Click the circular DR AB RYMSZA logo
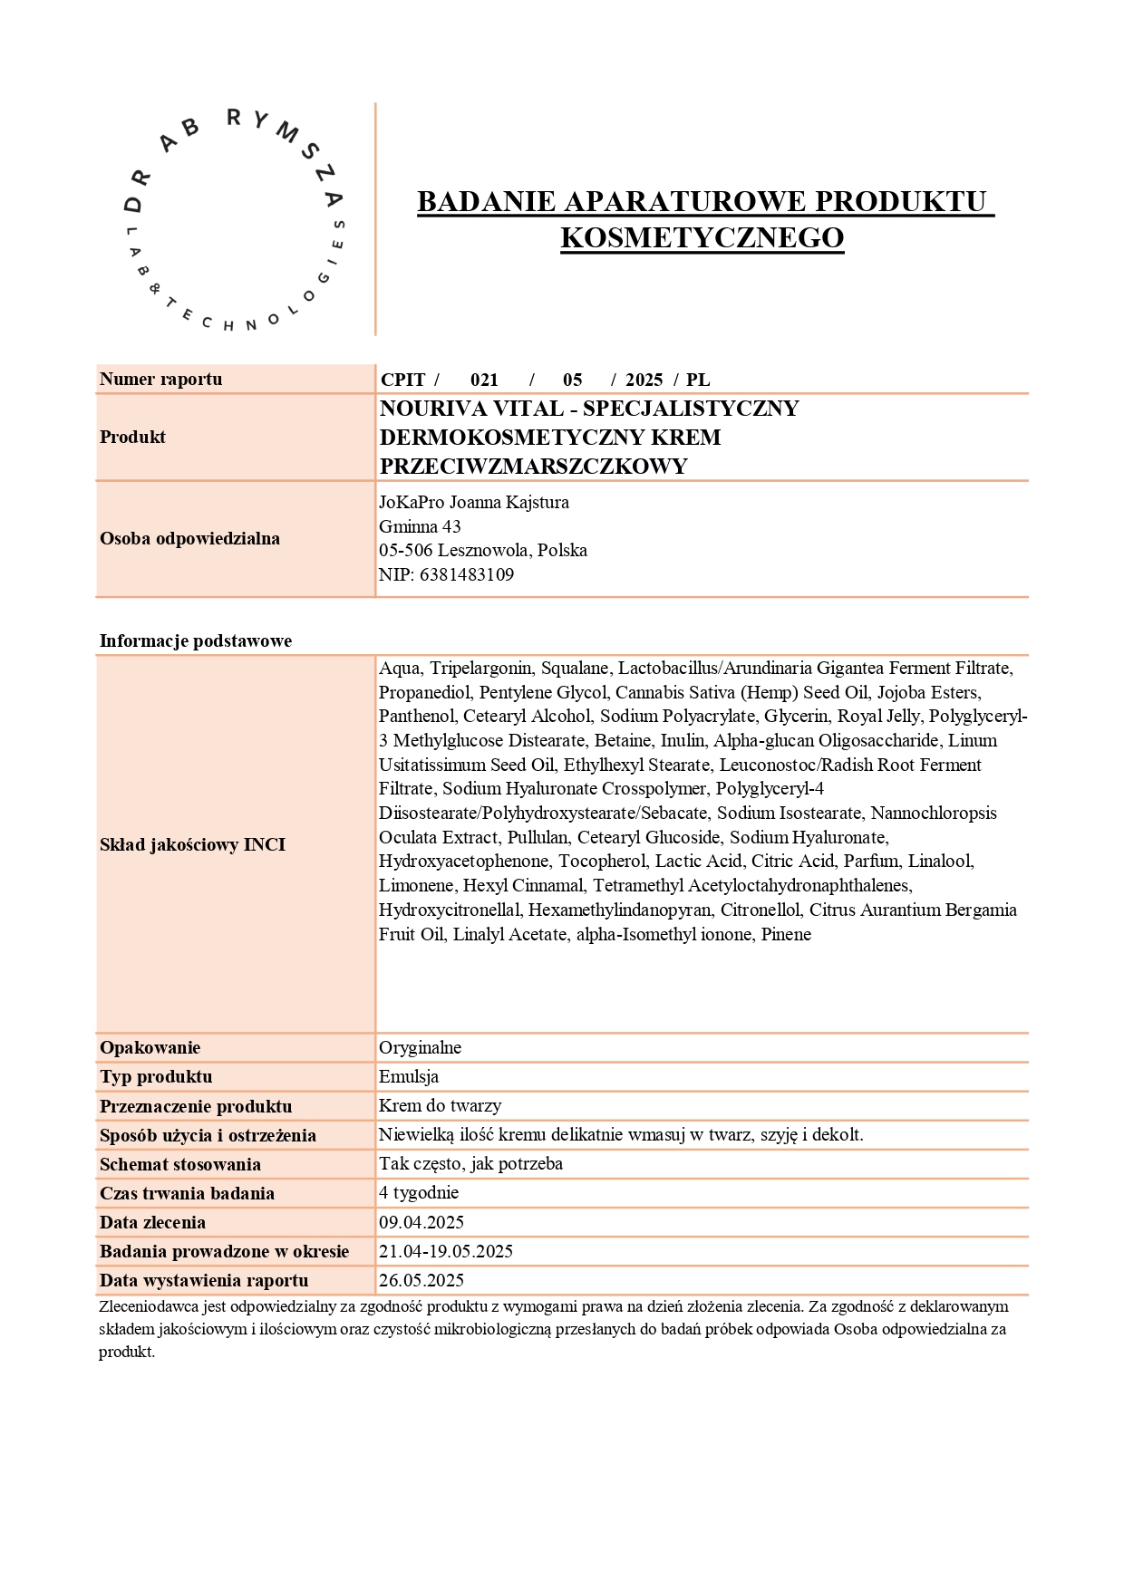(x=234, y=220)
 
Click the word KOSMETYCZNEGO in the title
(x=702, y=237)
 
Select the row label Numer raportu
(x=160, y=380)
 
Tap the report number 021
(x=484, y=380)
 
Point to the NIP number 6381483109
(x=466, y=574)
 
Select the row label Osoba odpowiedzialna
(x=189, y=538)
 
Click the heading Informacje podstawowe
(x=195, y=640)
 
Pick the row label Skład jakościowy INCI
(x=192, y=844)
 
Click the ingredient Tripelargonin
(x=480, y=669)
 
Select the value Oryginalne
(x=420, y=1048)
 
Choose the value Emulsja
(x=408, y=1077)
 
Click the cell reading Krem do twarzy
(x=440, y=1106)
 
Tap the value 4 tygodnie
(x=419, y=1193)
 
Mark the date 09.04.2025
(x=421, y=1222)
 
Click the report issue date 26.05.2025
(x=421, y=1280)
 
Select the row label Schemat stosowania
(x=179, y=1164)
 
